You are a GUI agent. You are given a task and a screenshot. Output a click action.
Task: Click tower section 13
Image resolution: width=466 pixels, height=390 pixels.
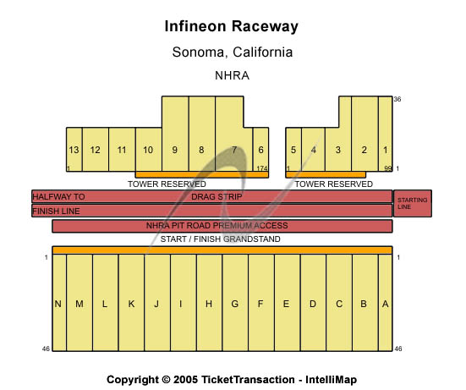point(74,150)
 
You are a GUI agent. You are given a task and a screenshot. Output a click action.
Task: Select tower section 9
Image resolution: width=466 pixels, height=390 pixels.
point(174,150)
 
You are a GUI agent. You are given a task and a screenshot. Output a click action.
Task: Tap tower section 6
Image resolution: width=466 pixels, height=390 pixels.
point(260,150)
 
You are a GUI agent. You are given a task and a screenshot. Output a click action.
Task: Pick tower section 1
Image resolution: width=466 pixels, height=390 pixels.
point(385,150)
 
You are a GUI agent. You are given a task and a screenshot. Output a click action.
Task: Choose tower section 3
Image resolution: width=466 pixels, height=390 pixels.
point(337,150)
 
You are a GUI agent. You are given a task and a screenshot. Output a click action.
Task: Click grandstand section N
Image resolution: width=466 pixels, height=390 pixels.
point(58,304)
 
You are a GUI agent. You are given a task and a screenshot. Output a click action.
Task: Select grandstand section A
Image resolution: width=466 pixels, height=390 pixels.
point(385,304)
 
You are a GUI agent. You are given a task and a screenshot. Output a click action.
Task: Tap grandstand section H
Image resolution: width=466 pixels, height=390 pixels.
point(209,304)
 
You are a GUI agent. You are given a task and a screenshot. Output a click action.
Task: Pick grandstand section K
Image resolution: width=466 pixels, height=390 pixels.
point(131,304)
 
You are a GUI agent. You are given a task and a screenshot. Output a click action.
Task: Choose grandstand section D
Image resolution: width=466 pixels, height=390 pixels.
point(313,304)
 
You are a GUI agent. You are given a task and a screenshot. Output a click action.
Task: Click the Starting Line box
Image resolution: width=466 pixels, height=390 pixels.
point(412,203)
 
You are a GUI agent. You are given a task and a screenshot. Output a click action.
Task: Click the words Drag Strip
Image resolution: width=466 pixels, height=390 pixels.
point(217,196)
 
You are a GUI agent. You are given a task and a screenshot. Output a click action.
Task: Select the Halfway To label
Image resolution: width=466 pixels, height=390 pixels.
point(58,196)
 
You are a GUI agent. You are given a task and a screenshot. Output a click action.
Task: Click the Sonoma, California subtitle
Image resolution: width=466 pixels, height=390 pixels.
point(232,52)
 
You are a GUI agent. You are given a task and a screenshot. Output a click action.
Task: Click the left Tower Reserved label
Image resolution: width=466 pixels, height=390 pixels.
point(167,184)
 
